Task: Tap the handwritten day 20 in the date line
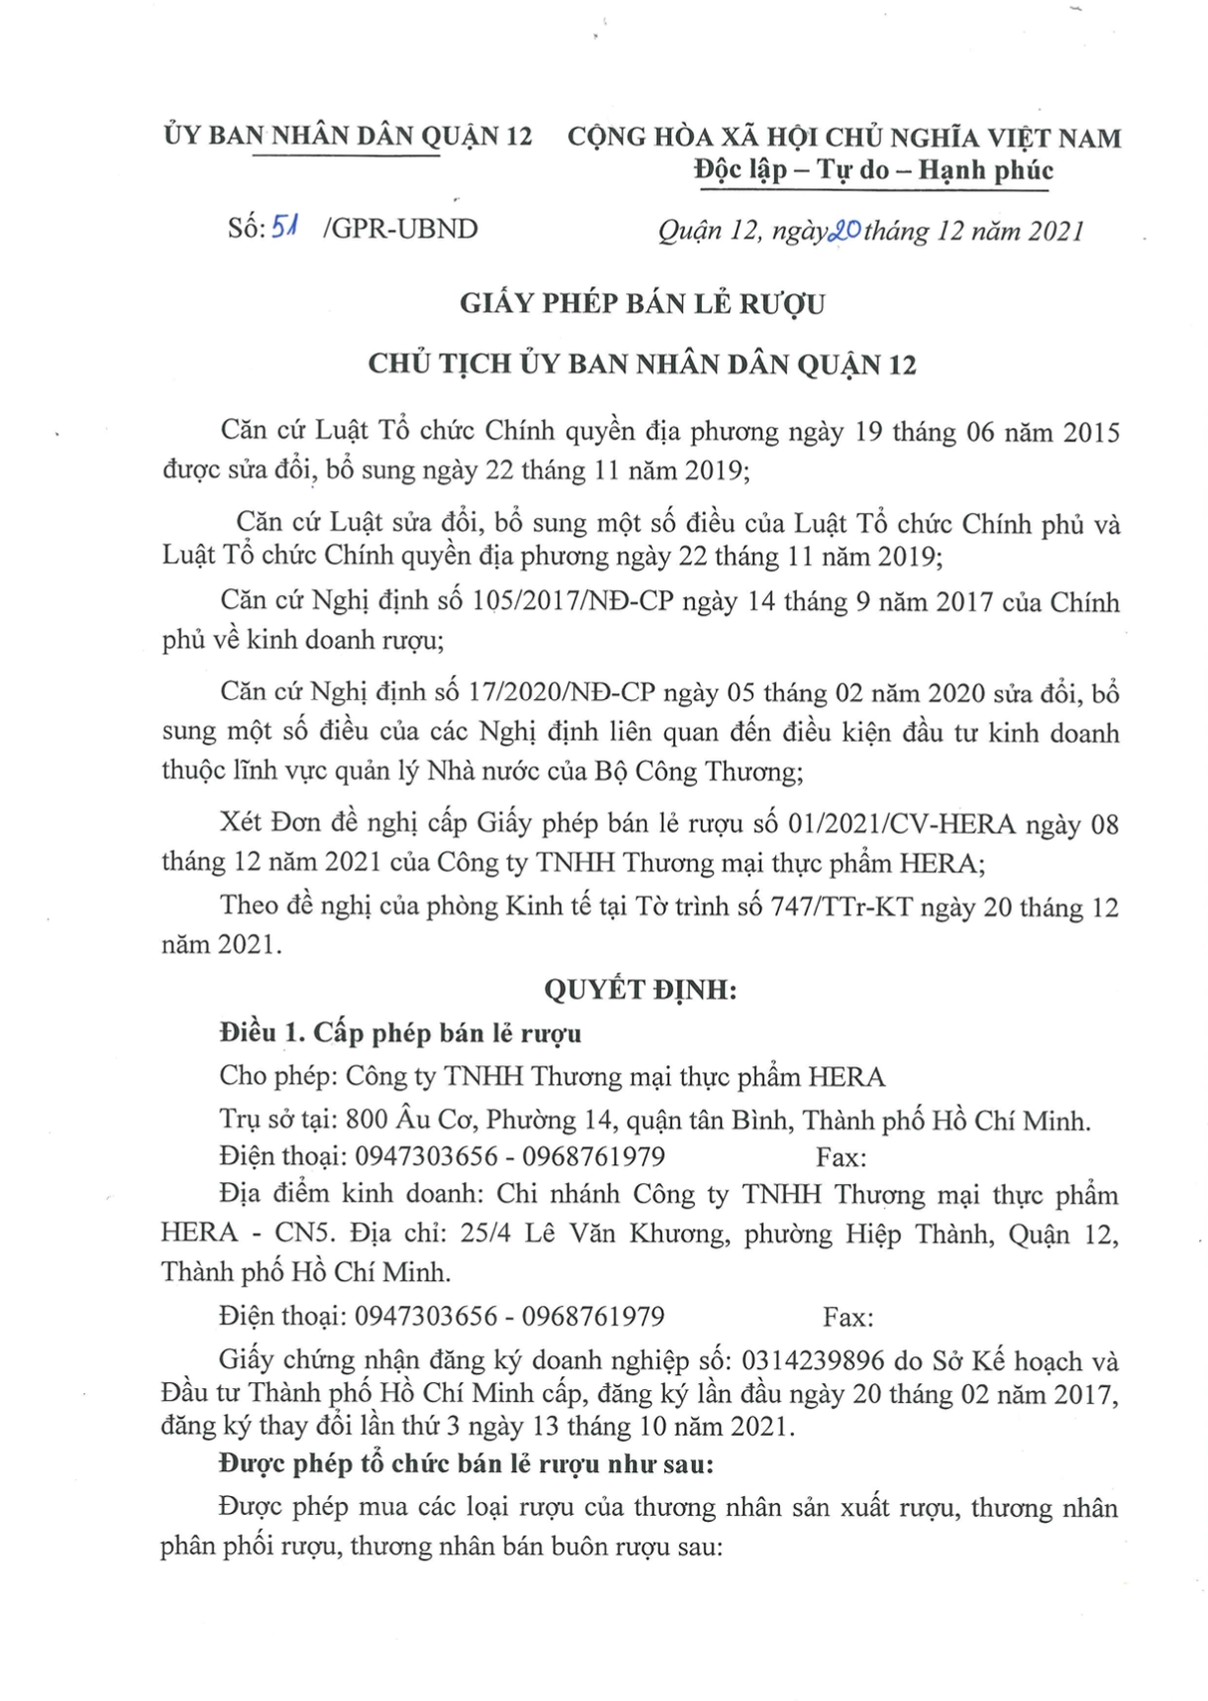845,231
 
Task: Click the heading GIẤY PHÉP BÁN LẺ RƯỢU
642,303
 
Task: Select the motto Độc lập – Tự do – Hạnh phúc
873,170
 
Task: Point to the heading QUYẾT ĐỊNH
641,989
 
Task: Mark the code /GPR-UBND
400,229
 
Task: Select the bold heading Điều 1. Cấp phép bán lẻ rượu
400,1033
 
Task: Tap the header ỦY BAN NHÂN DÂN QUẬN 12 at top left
348,136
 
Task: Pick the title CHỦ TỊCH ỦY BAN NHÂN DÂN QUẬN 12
642,365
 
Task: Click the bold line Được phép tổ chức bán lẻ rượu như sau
465,1464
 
